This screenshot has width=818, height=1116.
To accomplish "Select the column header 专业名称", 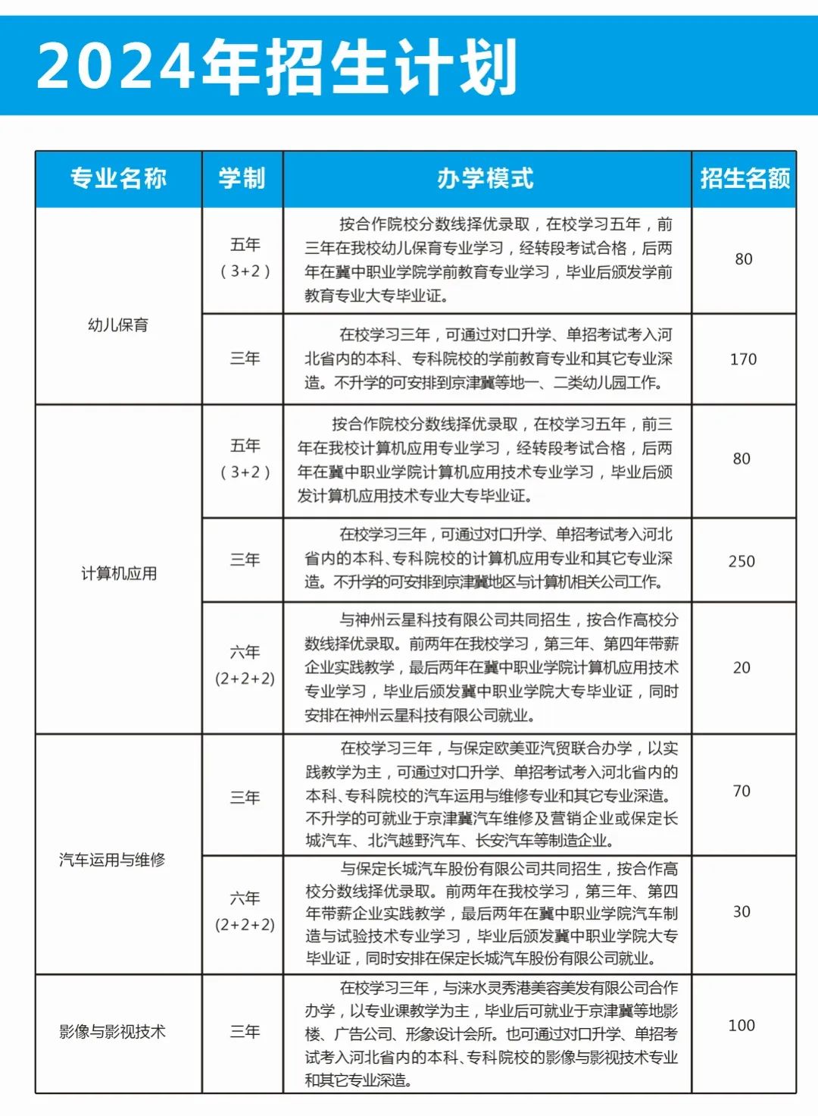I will [118, 179].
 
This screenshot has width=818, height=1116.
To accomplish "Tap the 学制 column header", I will [242, 179].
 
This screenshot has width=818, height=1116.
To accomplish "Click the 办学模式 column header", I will [486, 179].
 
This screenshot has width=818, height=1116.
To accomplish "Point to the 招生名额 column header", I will [745, 179].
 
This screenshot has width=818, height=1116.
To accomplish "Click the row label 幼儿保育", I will [118, 325].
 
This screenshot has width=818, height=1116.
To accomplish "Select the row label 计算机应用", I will [119, 573].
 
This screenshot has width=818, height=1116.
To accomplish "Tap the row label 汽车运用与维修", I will [112, 860].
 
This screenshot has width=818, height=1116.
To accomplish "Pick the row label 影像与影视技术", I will [112, 1032].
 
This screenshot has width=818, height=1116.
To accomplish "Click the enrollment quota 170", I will [743, 359].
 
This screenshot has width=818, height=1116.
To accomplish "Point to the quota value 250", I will [742, 561].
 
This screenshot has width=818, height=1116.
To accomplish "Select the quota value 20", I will [742, 668].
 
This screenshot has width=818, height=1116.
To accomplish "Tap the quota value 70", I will [742, 792].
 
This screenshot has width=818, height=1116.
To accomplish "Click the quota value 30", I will [742, 912].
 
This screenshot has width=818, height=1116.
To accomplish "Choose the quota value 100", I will [742, 1026].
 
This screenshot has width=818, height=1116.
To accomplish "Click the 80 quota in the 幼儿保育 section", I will [743, 259].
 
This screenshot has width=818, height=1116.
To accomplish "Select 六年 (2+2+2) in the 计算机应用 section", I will [245, 666].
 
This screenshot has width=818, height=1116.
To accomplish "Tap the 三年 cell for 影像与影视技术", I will [245, 1032].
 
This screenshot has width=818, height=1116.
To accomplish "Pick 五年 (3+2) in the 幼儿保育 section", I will [245, 258].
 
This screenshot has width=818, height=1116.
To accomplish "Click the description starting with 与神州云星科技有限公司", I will [491, 667].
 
